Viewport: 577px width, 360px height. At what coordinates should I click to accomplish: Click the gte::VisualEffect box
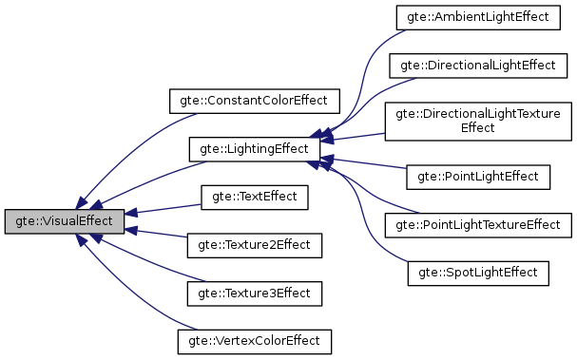[x=64, y=221]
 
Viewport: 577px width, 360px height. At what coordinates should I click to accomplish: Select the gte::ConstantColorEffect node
[x=253, y=100]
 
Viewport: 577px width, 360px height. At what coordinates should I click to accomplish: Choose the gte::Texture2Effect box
[x=253, y=245]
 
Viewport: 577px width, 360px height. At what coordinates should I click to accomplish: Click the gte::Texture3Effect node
[x=253, y=293]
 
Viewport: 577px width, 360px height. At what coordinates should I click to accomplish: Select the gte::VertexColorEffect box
[x=253, y=340]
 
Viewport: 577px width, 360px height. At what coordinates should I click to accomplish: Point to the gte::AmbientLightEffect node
[x=478, y=18]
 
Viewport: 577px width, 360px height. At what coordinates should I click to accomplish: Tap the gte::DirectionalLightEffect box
[x=478, y=66]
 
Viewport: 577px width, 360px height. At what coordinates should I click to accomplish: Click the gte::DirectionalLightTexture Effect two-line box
[x=478, y=121]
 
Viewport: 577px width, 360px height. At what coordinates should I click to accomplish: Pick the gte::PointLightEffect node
[x=478, y=176]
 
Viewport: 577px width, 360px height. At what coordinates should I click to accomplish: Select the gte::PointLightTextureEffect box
[x=478, y=224]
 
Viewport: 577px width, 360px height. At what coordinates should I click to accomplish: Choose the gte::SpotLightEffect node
[x=478, y=273]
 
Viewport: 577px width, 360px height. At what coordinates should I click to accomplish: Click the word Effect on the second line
[x=478, y=128]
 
